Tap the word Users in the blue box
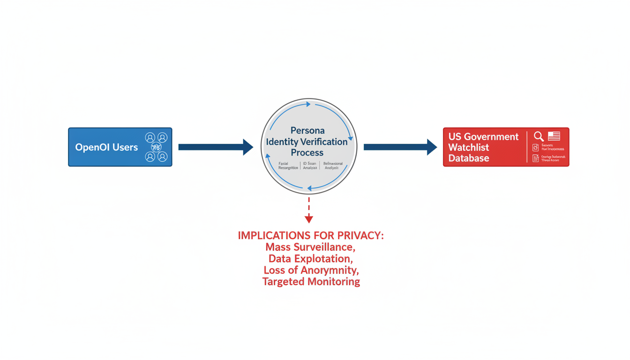coord(125,147)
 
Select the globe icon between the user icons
coord(156,147)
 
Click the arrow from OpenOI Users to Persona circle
coord(215,147)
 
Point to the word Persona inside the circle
coord(307,130)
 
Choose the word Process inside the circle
coord(307,153)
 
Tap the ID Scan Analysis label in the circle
coord(310,165)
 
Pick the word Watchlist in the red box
coord(469,148)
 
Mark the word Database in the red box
coord(469,158)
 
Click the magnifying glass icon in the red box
coord(539,136)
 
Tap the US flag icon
coord(554,136)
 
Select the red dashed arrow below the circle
coord(308,210)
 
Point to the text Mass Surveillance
coord(310,247)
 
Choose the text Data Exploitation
coord(310,259)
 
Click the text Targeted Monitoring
coord(311,282)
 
